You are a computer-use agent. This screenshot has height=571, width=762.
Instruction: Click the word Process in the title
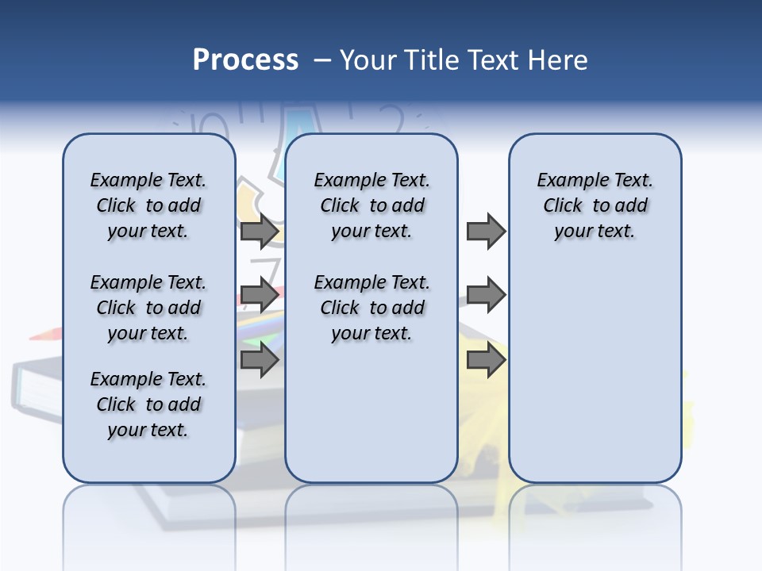[x=245, y=60]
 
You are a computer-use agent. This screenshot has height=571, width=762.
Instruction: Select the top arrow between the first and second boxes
[x=259, y=232]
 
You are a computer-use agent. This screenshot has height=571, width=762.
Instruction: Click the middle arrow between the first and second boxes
[x=259, y=296]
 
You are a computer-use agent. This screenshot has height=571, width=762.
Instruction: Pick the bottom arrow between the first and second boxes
[x=259, y=360]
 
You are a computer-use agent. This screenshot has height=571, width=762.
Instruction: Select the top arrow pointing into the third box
[x=486, y=232]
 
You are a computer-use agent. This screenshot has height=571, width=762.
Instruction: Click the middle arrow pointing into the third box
[x=486, y=296]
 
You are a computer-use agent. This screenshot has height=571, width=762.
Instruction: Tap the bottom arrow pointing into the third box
[x=486, y=360]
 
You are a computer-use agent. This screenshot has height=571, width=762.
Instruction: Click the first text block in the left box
[x=148, y=205]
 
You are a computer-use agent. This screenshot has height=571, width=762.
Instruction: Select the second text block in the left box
[x=148, y=308]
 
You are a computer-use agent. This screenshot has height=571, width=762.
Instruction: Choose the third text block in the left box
[x=148, y=404]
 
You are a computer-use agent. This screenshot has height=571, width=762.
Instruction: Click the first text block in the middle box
[x=372, y=205]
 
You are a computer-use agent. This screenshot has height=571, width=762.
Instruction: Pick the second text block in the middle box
[x=372, y=308]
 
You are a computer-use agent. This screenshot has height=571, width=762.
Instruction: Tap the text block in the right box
[x=595, y=205]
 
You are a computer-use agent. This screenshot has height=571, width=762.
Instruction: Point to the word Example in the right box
[x=568, y=181]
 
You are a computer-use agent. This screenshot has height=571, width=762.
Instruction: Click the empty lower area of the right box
[x=595, y=381]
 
